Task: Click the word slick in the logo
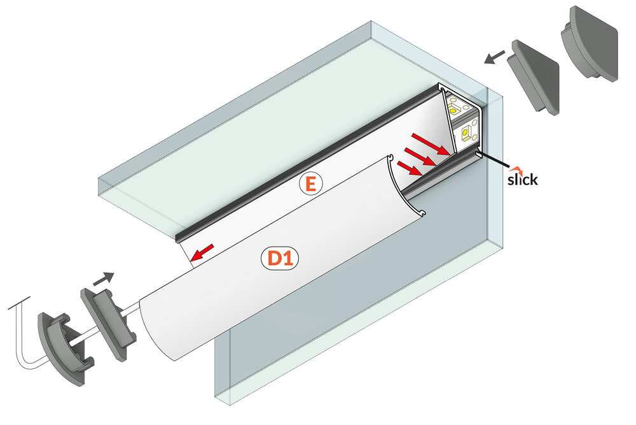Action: click(522, 180)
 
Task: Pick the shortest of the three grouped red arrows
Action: click(408, 168)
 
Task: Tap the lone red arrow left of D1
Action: click(202, 253)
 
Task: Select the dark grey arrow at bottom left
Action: click(103, 278)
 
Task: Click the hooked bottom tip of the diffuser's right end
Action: click(420, 212)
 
